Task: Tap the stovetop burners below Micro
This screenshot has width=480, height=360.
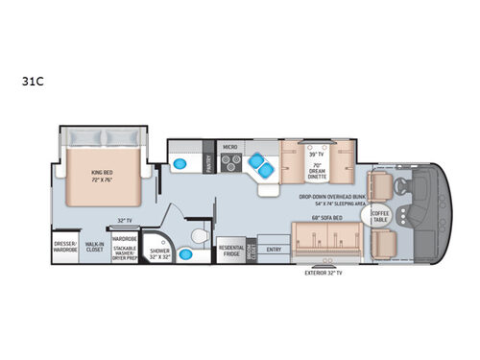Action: tap(230, 163)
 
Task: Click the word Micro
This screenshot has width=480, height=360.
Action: tap(229, 147)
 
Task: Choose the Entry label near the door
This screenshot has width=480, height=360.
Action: tap(275, 250)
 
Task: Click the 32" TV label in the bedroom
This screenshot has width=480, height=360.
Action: tap(123, 220)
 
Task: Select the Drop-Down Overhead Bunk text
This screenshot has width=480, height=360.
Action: tap(331, 195)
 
